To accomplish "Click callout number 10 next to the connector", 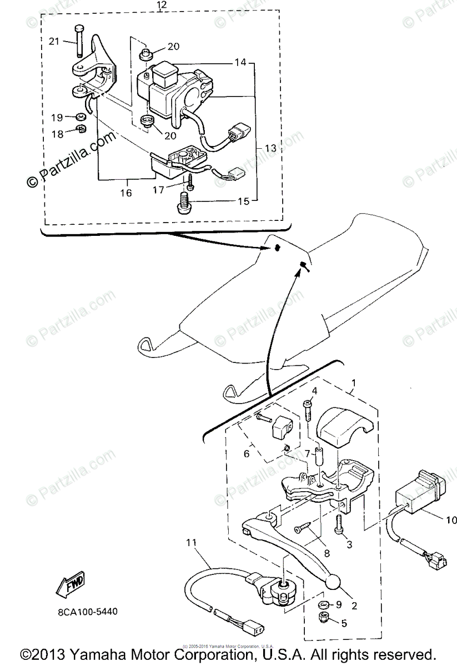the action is pos(450,520).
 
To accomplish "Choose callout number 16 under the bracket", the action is pos(127,193).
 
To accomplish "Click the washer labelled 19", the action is pos(81,117).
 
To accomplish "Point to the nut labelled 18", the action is pos(80,130).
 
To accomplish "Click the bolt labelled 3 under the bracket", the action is pos(338,524).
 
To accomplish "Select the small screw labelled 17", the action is pos(190,181).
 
